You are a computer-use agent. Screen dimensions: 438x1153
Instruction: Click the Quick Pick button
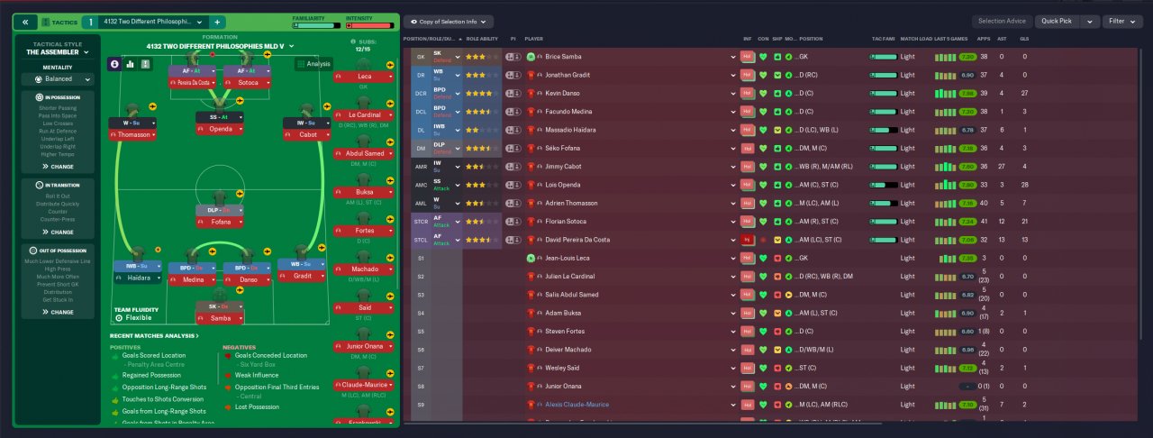1056,21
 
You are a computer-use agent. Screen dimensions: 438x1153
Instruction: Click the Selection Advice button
1002,21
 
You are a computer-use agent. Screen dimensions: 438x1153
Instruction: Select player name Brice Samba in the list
564,56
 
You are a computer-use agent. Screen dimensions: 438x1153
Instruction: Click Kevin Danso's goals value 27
1025,93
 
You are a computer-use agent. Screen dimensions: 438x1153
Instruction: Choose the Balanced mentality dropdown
59,78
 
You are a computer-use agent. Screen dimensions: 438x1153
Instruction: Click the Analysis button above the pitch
313,64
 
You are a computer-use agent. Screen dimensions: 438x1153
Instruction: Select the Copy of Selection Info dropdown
449,21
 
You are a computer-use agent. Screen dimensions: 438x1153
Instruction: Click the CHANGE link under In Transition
57,232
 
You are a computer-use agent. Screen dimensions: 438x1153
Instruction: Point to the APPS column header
984,39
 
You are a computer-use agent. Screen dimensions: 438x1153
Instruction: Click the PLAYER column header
534,39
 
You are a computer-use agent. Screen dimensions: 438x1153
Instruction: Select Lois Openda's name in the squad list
563,185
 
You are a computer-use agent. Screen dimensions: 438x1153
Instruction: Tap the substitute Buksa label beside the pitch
364,192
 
